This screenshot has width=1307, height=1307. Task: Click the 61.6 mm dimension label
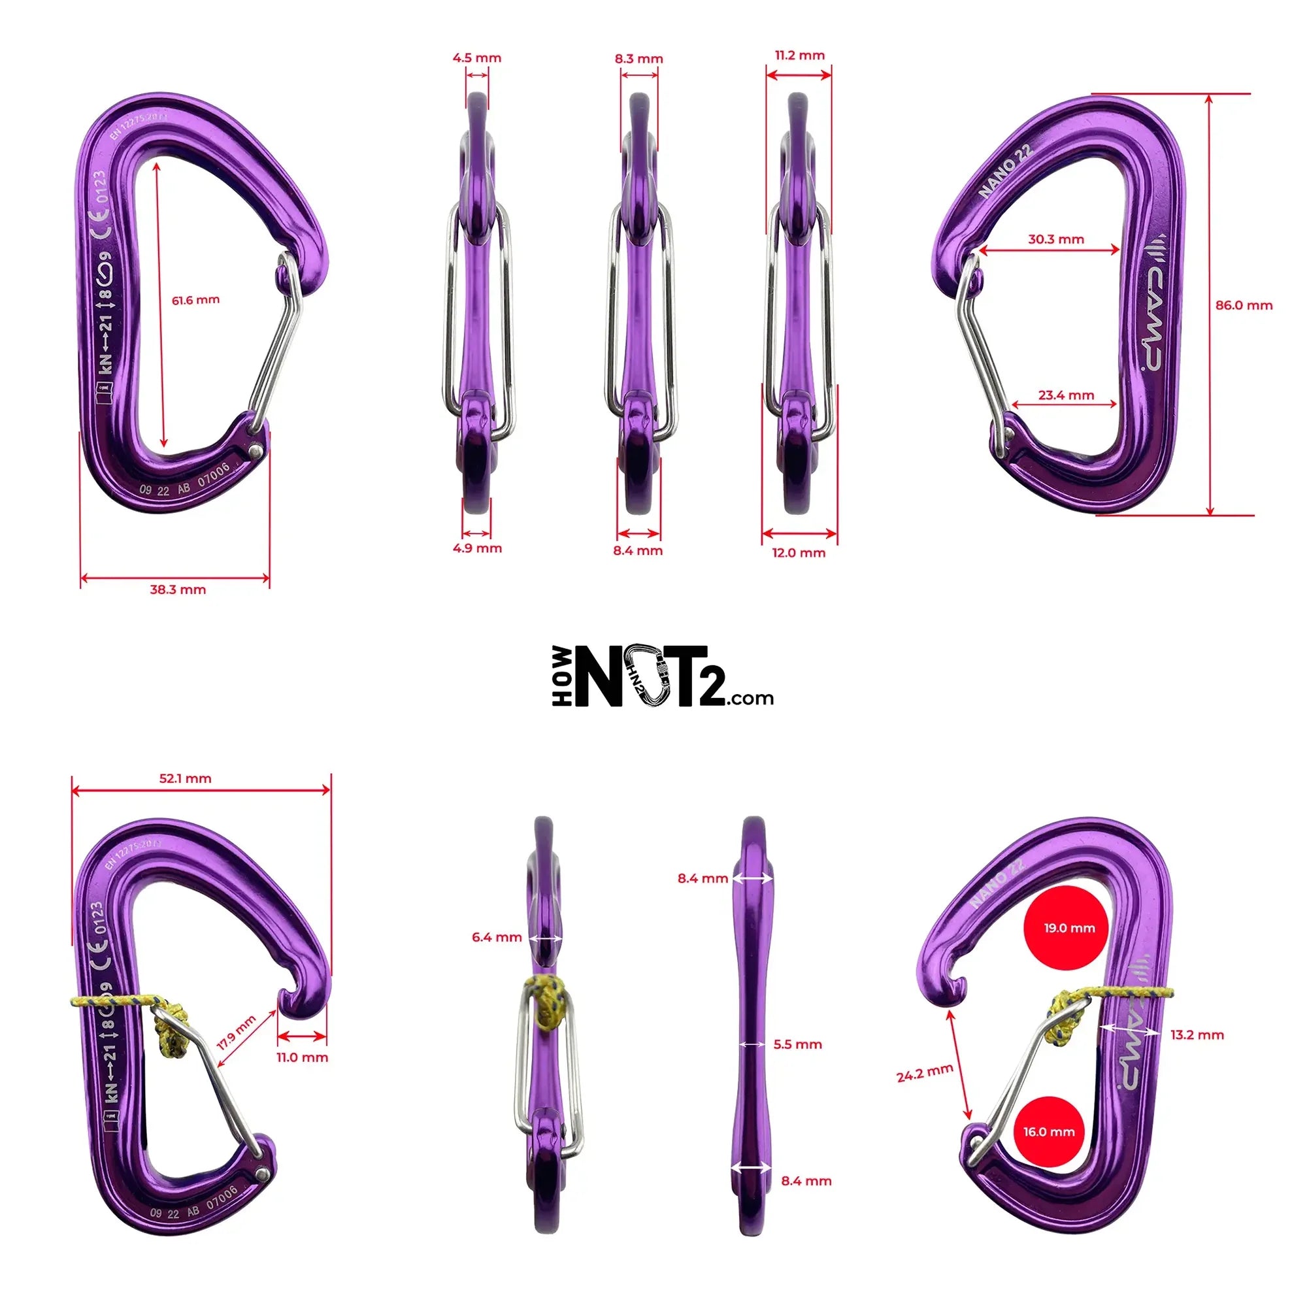point(195,300)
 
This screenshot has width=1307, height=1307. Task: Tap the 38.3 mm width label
point(178,589)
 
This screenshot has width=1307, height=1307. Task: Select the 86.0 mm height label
point(1244,305)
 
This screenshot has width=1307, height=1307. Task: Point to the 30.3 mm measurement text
point(1055,239)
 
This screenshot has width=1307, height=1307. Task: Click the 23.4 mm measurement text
point(1065,395)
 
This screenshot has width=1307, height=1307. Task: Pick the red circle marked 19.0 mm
point(1068,927)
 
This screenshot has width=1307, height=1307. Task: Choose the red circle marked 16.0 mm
point(1048,1150)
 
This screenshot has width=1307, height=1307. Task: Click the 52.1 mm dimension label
point(186,778)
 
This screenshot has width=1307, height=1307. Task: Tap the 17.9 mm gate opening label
point(236,1033)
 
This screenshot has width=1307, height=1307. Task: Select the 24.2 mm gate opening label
point(924,1073)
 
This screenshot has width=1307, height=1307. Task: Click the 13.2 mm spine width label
point(1197,1034)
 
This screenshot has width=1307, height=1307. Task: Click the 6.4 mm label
point(497,937)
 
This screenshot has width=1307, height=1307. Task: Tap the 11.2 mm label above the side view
point(800,56)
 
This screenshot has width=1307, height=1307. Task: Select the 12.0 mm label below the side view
point(799,553)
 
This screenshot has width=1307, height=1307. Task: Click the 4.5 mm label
point(477,58)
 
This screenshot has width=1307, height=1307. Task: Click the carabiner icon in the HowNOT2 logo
point(646,676)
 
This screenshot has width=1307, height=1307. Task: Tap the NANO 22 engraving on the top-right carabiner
point(1006,171)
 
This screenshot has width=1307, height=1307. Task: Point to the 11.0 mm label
point(302,1057)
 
